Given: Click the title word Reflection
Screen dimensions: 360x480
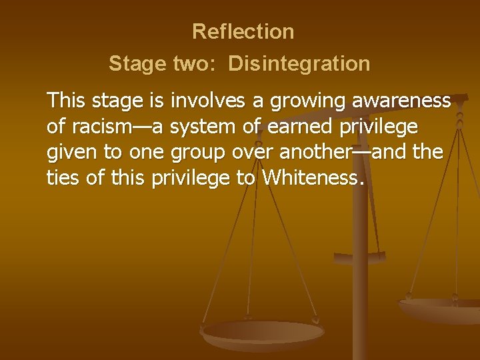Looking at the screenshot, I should click(243, 31).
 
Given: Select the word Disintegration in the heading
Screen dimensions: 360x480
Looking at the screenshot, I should click(299, 64).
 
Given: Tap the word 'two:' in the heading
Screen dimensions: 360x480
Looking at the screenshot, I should click(195, 64).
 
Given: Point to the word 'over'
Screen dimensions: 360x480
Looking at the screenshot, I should click(254, 152).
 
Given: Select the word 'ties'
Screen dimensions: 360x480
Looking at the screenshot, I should click(62, 177).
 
